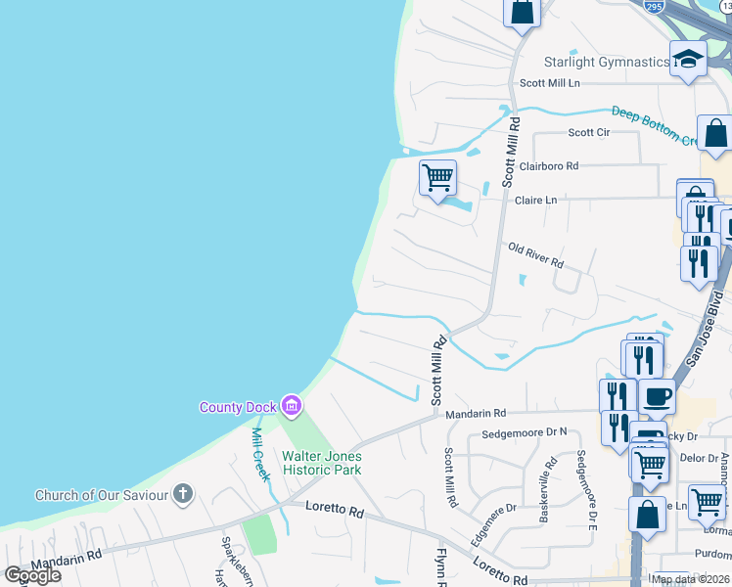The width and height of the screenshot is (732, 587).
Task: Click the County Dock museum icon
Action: [291, 405]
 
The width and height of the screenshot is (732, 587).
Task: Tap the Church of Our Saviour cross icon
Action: [183, 494]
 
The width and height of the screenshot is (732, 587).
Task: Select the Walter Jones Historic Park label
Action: [322, 463]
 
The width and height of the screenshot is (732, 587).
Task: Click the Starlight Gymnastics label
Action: [606, 63]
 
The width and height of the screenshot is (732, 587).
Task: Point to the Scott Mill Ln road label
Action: [550, 84]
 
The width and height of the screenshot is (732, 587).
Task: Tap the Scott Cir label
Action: [589, 133]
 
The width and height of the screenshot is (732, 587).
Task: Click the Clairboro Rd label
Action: [549, 166]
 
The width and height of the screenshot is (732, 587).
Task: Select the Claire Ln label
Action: [535, 201]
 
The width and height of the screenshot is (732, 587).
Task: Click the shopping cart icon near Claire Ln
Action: [437, 177]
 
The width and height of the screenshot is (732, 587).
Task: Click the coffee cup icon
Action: [657, 396]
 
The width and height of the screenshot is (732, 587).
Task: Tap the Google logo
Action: [32, 574]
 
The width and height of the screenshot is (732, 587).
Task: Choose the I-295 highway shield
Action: [655, 6]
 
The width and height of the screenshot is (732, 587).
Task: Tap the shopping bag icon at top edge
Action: [523, 12]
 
